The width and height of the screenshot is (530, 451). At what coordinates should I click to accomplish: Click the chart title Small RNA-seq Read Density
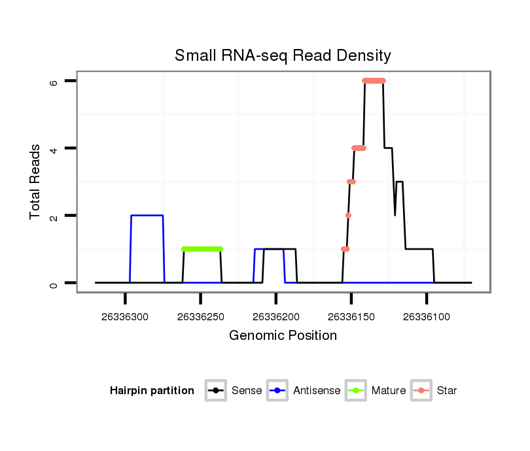click(283, 56)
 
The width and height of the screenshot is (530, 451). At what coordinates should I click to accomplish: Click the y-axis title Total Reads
click(35, 182)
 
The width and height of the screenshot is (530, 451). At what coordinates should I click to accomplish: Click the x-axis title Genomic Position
click(283, 336)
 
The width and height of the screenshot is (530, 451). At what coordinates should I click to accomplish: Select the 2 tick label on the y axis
click(54, 216)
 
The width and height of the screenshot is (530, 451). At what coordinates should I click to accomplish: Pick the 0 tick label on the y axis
click(54, 283)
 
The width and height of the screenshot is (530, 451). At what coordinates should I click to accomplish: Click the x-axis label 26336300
click(125, 317)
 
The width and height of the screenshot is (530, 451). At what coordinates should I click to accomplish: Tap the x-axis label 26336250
click(200, 317)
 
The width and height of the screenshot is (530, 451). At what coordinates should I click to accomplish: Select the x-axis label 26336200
click(276, 317)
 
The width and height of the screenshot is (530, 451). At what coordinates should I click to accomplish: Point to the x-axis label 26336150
click(351, 317)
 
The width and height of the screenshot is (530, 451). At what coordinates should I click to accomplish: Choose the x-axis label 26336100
click(427, 317)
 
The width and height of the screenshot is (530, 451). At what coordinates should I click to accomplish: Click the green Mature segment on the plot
click(202, 249)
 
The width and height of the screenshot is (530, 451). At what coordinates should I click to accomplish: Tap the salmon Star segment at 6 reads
click(374, 81)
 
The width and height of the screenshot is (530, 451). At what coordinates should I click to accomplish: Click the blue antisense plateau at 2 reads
click(147, 215)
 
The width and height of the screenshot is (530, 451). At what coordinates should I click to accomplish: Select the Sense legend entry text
click(247, 391)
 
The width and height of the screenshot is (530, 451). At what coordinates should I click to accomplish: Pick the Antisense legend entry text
click(317, 391)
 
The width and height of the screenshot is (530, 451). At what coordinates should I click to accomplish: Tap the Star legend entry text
click(446, 391)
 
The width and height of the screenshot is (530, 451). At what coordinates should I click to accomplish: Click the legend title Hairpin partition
click(152, 391)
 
